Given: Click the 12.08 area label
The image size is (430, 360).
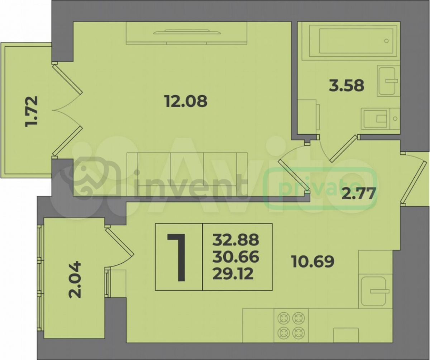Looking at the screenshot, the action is tap(186, 101).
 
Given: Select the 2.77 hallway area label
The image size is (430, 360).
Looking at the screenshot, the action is tap(358, 193).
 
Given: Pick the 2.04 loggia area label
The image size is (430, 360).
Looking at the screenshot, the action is tap(75, 280).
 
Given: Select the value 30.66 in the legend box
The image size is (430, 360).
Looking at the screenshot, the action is tap(235, 257).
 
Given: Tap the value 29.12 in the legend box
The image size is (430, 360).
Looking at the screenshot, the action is tap(233, 274).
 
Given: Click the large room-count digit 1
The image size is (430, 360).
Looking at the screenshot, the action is tap(177, 257).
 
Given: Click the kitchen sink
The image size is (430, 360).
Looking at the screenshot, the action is tap(374, 291).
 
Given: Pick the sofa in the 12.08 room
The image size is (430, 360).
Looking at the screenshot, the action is tap(187, 174).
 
